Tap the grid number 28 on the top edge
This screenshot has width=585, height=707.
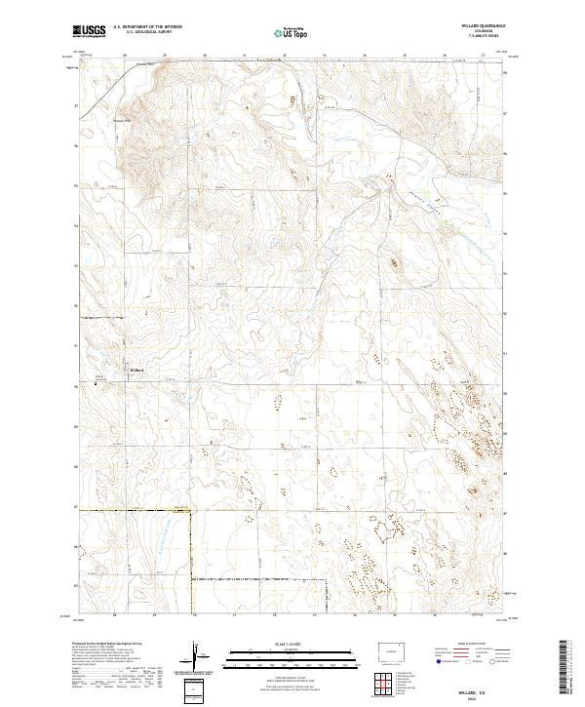click(x=126, y=56)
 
